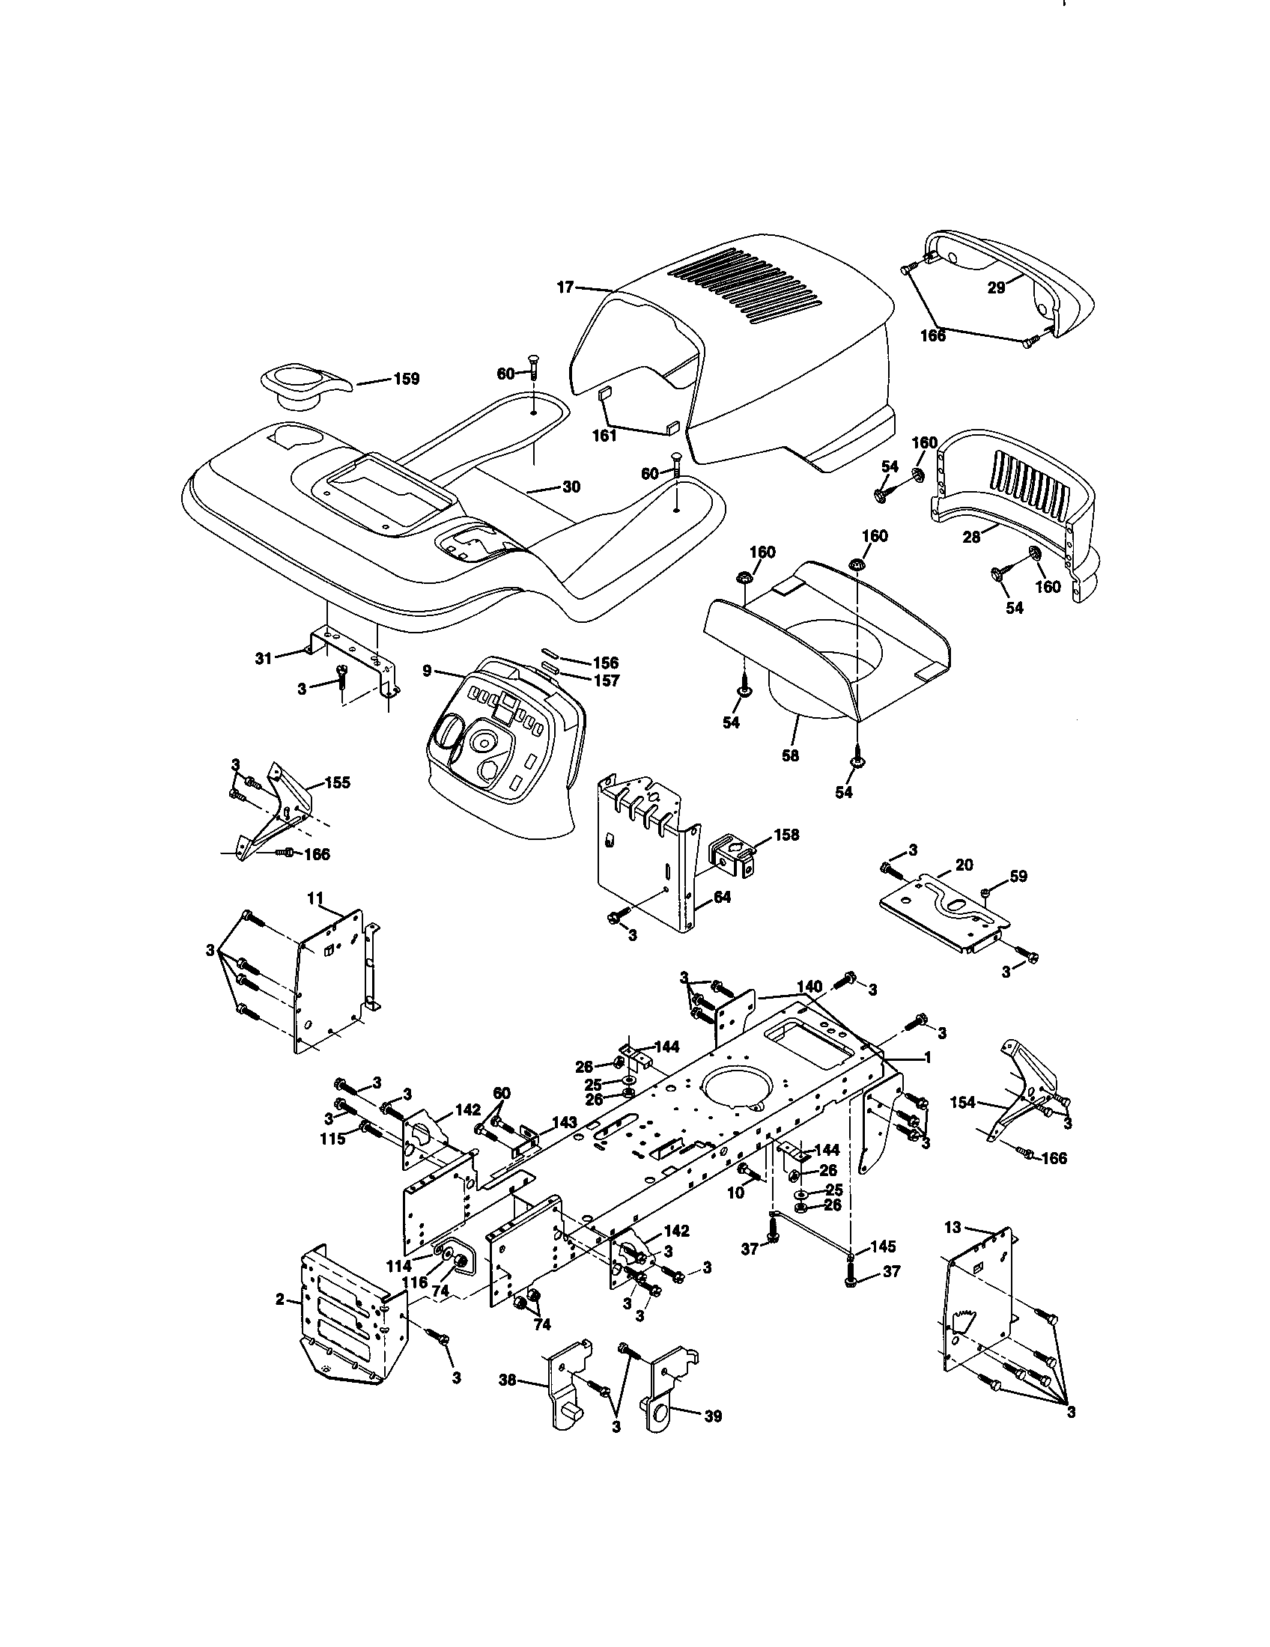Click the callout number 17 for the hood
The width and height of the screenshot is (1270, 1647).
565,287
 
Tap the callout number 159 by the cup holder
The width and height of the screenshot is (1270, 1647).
406,379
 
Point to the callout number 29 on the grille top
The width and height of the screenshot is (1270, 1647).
996,287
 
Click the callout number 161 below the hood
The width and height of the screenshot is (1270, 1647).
604,435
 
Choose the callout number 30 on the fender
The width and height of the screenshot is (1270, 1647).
571,487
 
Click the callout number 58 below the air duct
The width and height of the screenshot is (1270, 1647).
789,755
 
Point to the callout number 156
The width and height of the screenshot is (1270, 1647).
605,662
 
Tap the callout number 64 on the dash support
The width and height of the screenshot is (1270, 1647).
722,898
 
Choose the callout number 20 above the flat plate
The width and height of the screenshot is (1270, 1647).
964,865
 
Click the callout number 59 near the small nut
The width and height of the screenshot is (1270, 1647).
1018,877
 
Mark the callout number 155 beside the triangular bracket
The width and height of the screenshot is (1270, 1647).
337,783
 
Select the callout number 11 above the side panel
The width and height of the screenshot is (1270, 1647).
315,898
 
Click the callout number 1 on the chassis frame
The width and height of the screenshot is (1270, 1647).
927,1058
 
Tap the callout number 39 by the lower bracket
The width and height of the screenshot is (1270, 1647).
712,1416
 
